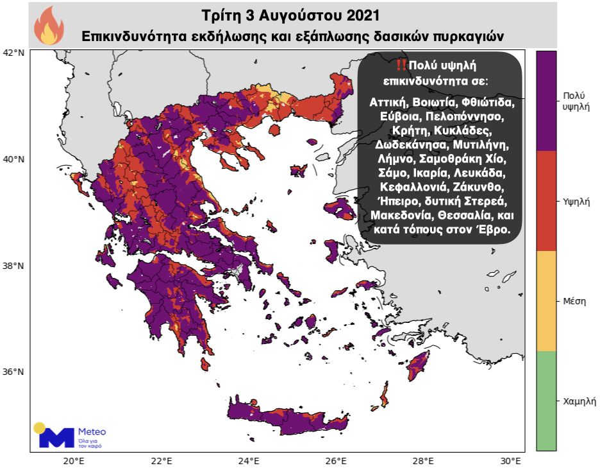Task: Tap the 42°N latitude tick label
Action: (x=15, y=52)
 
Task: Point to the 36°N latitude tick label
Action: (x=15, y=372)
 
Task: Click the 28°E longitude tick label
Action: (x=422, y=460)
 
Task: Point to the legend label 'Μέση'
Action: (x=574, y=301)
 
